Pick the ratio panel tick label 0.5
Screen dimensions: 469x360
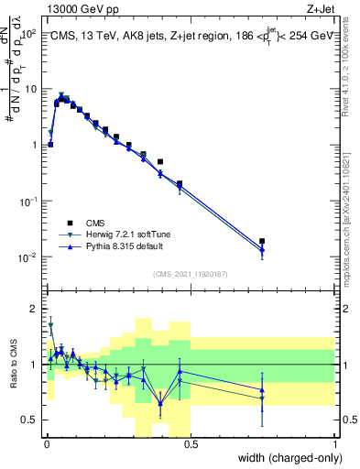coord(31,420)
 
